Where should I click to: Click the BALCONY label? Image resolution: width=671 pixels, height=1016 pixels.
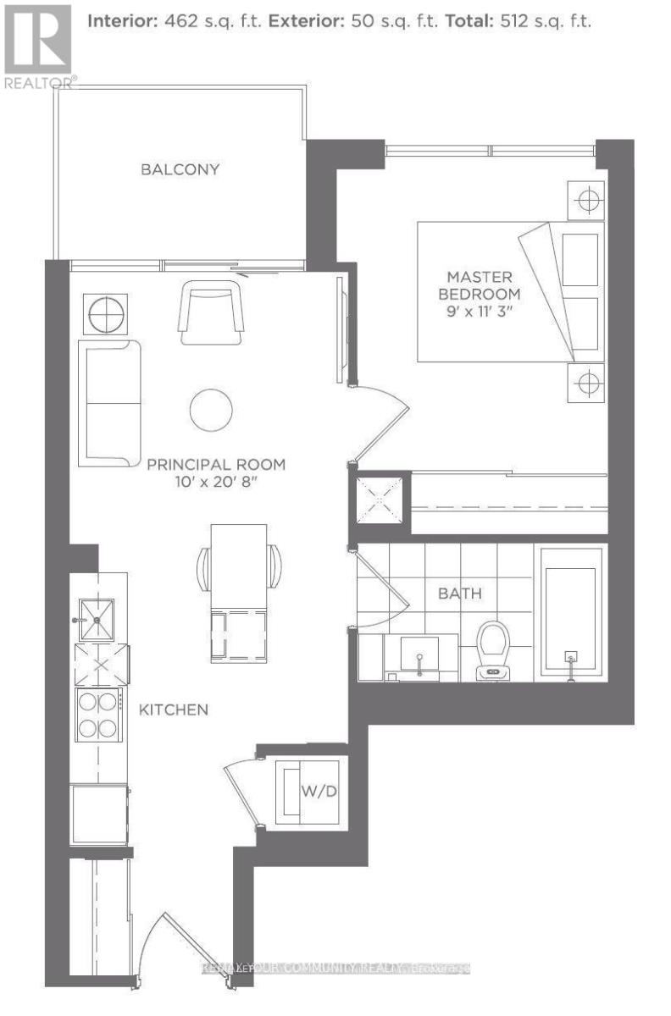click(180, 169)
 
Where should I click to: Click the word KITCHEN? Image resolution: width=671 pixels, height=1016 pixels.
click(174, 709)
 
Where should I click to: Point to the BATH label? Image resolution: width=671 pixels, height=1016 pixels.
click(459, 593)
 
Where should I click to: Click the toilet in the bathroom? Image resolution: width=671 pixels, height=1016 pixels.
click(492, 650)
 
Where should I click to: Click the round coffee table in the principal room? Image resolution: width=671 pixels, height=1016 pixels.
click(210, 410)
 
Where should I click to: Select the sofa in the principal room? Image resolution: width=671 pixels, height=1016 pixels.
click(109, 403)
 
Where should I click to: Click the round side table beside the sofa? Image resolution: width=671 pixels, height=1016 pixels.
click(105, 315)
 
